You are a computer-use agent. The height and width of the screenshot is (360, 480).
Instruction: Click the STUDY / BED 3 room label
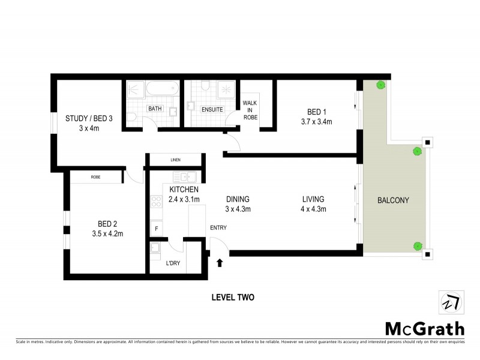tap(89, 118)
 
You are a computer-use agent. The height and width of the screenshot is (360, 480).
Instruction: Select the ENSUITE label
tap(212, 109)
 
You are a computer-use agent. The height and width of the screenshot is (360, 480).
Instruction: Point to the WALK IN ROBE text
tap(250, 110)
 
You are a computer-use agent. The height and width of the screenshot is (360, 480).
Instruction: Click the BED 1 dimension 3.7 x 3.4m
tap(316, 122)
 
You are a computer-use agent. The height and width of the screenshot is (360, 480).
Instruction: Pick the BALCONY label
tap(393, 200)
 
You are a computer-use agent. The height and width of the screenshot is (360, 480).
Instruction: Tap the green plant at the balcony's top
tap(380, 85)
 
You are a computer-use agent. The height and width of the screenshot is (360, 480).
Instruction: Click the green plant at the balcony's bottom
tap(417, 245)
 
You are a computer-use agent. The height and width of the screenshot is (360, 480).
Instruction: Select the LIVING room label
tap(313, 199)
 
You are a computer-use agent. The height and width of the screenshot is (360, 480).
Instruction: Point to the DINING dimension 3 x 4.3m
tap(238, 209)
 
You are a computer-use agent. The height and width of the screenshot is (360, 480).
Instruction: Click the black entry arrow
tap(220, 262)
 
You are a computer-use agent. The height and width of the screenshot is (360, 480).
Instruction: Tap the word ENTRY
tap(219, 227)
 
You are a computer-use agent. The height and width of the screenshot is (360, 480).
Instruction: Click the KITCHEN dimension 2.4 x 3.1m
tap(176, 199)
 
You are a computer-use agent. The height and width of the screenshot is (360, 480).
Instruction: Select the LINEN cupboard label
tap(175, 160)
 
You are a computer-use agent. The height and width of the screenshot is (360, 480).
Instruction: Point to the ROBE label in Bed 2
tap(95, 177)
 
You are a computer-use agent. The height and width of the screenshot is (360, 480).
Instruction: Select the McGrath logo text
tap(425, 329)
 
